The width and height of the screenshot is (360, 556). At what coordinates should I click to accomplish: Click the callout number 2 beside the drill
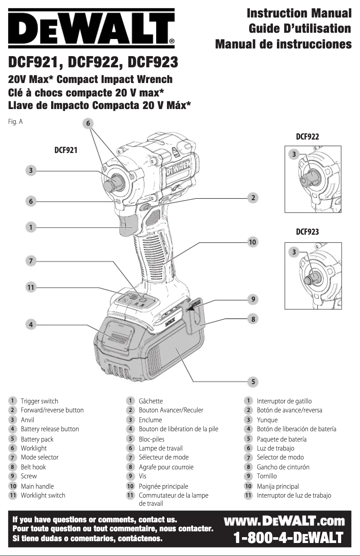tap(253, 197)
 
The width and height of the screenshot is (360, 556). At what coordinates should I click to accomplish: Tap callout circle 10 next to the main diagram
tap(253, 242)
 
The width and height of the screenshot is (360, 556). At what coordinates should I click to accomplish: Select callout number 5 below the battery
tap(253, 381)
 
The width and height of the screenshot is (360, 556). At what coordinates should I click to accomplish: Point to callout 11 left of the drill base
tap(31, 288)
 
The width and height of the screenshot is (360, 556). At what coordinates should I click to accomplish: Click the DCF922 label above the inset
tap(307, 137)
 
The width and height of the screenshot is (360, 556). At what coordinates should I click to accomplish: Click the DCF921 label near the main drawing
tap(66, 150)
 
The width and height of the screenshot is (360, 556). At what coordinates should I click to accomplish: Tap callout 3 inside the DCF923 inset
tap(294, 252)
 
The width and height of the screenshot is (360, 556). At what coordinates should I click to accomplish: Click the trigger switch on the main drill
tap(128, 224)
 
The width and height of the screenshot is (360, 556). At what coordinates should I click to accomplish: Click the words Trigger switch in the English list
tap(40, 401)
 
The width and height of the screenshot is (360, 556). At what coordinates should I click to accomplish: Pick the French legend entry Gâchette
tap(151, 401)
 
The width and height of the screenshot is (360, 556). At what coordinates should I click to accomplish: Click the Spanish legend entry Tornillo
tap(267, 476)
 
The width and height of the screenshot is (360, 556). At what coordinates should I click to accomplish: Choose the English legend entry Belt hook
tap(33, 467)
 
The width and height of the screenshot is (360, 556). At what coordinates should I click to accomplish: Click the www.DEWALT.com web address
tap(284, 521)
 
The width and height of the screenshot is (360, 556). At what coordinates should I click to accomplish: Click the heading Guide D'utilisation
tap(300, 29)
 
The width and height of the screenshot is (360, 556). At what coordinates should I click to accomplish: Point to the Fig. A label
tap(15, 122)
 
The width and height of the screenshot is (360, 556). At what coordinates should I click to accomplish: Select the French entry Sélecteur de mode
tap(163, 457)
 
